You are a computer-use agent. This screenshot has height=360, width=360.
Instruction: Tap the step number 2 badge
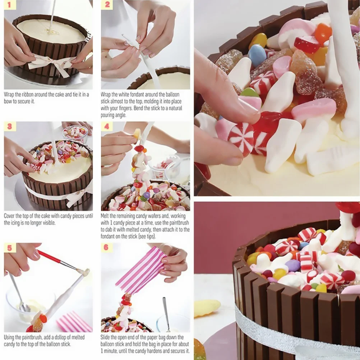coord(107,5)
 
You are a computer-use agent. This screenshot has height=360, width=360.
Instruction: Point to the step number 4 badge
coord(107,126)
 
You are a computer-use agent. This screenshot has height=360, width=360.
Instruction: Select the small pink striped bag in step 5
coord(74,322)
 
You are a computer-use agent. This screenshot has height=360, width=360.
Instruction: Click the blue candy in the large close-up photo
coord(257,55)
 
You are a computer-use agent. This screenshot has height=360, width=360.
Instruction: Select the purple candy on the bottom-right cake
coord(292,266)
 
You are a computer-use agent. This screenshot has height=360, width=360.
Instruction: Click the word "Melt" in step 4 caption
coord(106,216)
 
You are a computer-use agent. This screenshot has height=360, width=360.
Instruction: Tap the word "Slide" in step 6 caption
coord(107,337)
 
